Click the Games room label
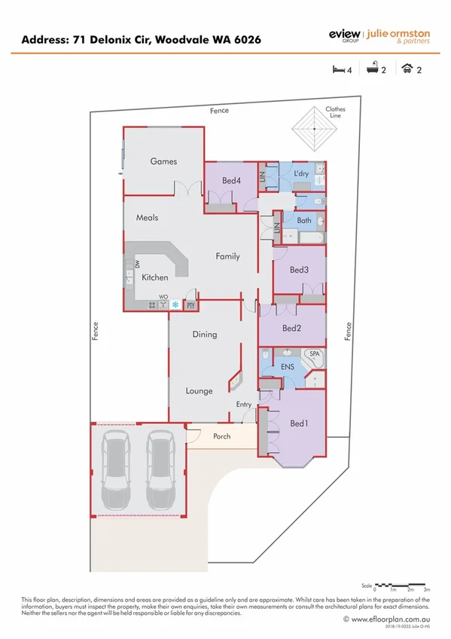163,161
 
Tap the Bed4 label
231,181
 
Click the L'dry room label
301,174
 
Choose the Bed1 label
299,423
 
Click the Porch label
222,436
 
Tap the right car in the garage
160,470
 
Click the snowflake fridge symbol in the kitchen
176,305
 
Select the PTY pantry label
190,305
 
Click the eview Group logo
345,35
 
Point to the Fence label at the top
220,111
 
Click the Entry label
244,405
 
